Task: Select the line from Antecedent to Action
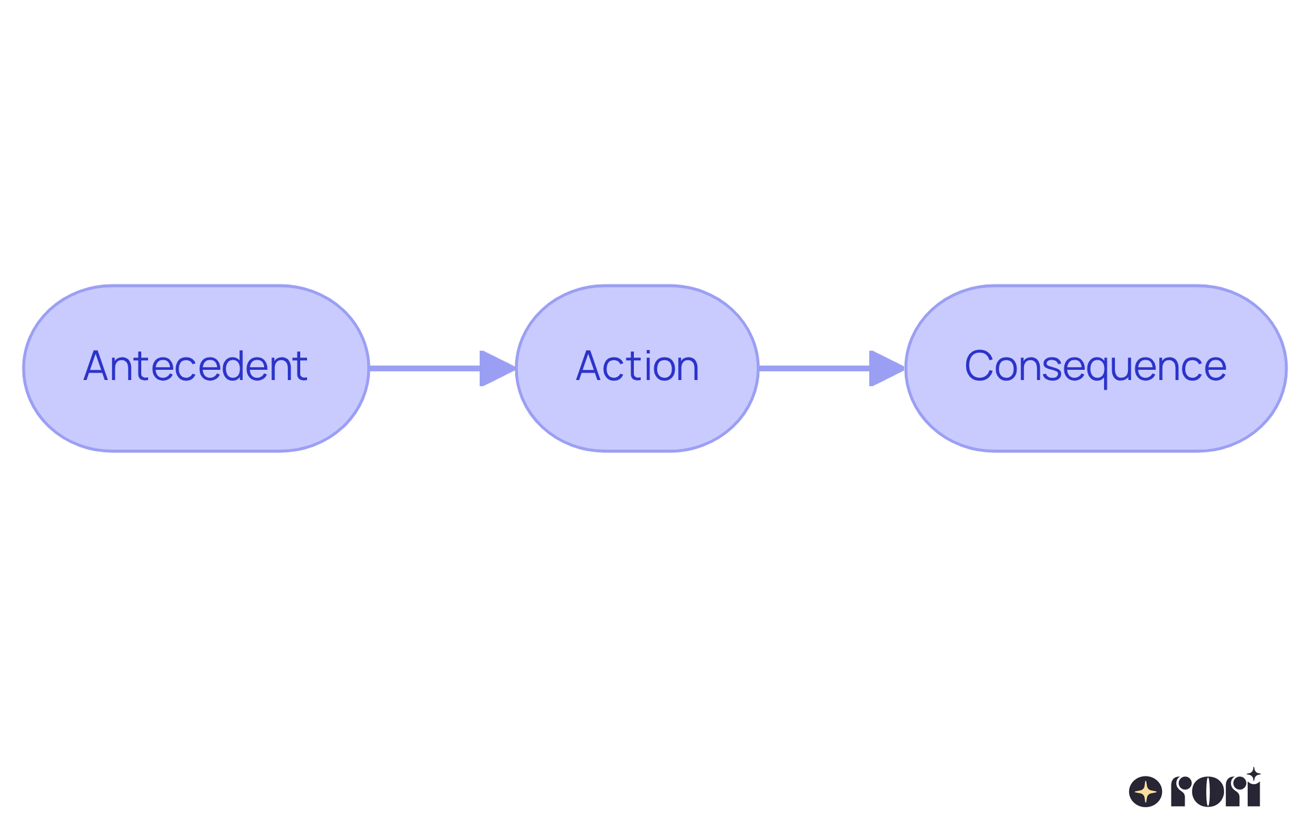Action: [x=423, y=368]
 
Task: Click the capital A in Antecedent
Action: [x=97, y=366]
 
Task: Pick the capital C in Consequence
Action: [x=978, y=366]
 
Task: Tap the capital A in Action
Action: [x=589, y=366]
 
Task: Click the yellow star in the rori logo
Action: [x=1146, y=792]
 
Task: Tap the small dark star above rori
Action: [x=1254, y=774]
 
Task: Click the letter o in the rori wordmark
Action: [x=1208, y=792]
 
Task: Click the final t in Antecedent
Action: [x=302, y=366]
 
